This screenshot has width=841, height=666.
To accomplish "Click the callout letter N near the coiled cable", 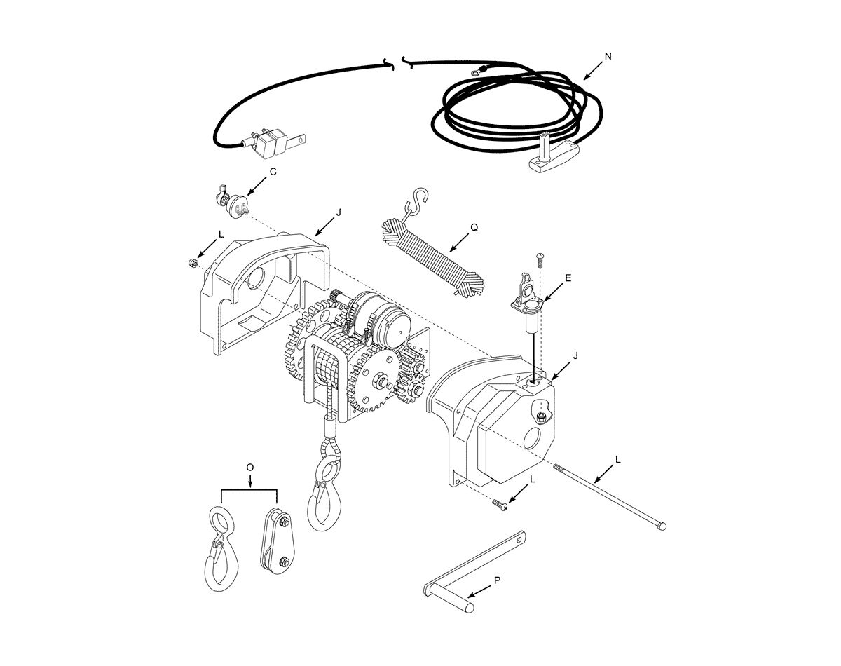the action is [608, 57].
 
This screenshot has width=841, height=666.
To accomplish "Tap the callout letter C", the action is [273, 172].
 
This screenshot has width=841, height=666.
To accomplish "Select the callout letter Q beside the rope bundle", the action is [474, 228].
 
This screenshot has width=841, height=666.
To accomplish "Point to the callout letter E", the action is [568, 278].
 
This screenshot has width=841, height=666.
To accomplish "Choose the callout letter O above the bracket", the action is [250, 468].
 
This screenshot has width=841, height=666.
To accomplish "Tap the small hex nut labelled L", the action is [192, 263].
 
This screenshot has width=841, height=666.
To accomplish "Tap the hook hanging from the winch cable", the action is [324, 494].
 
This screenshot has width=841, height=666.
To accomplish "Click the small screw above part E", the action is [541, 259].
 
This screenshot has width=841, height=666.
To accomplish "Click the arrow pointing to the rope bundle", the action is [459, 243].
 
